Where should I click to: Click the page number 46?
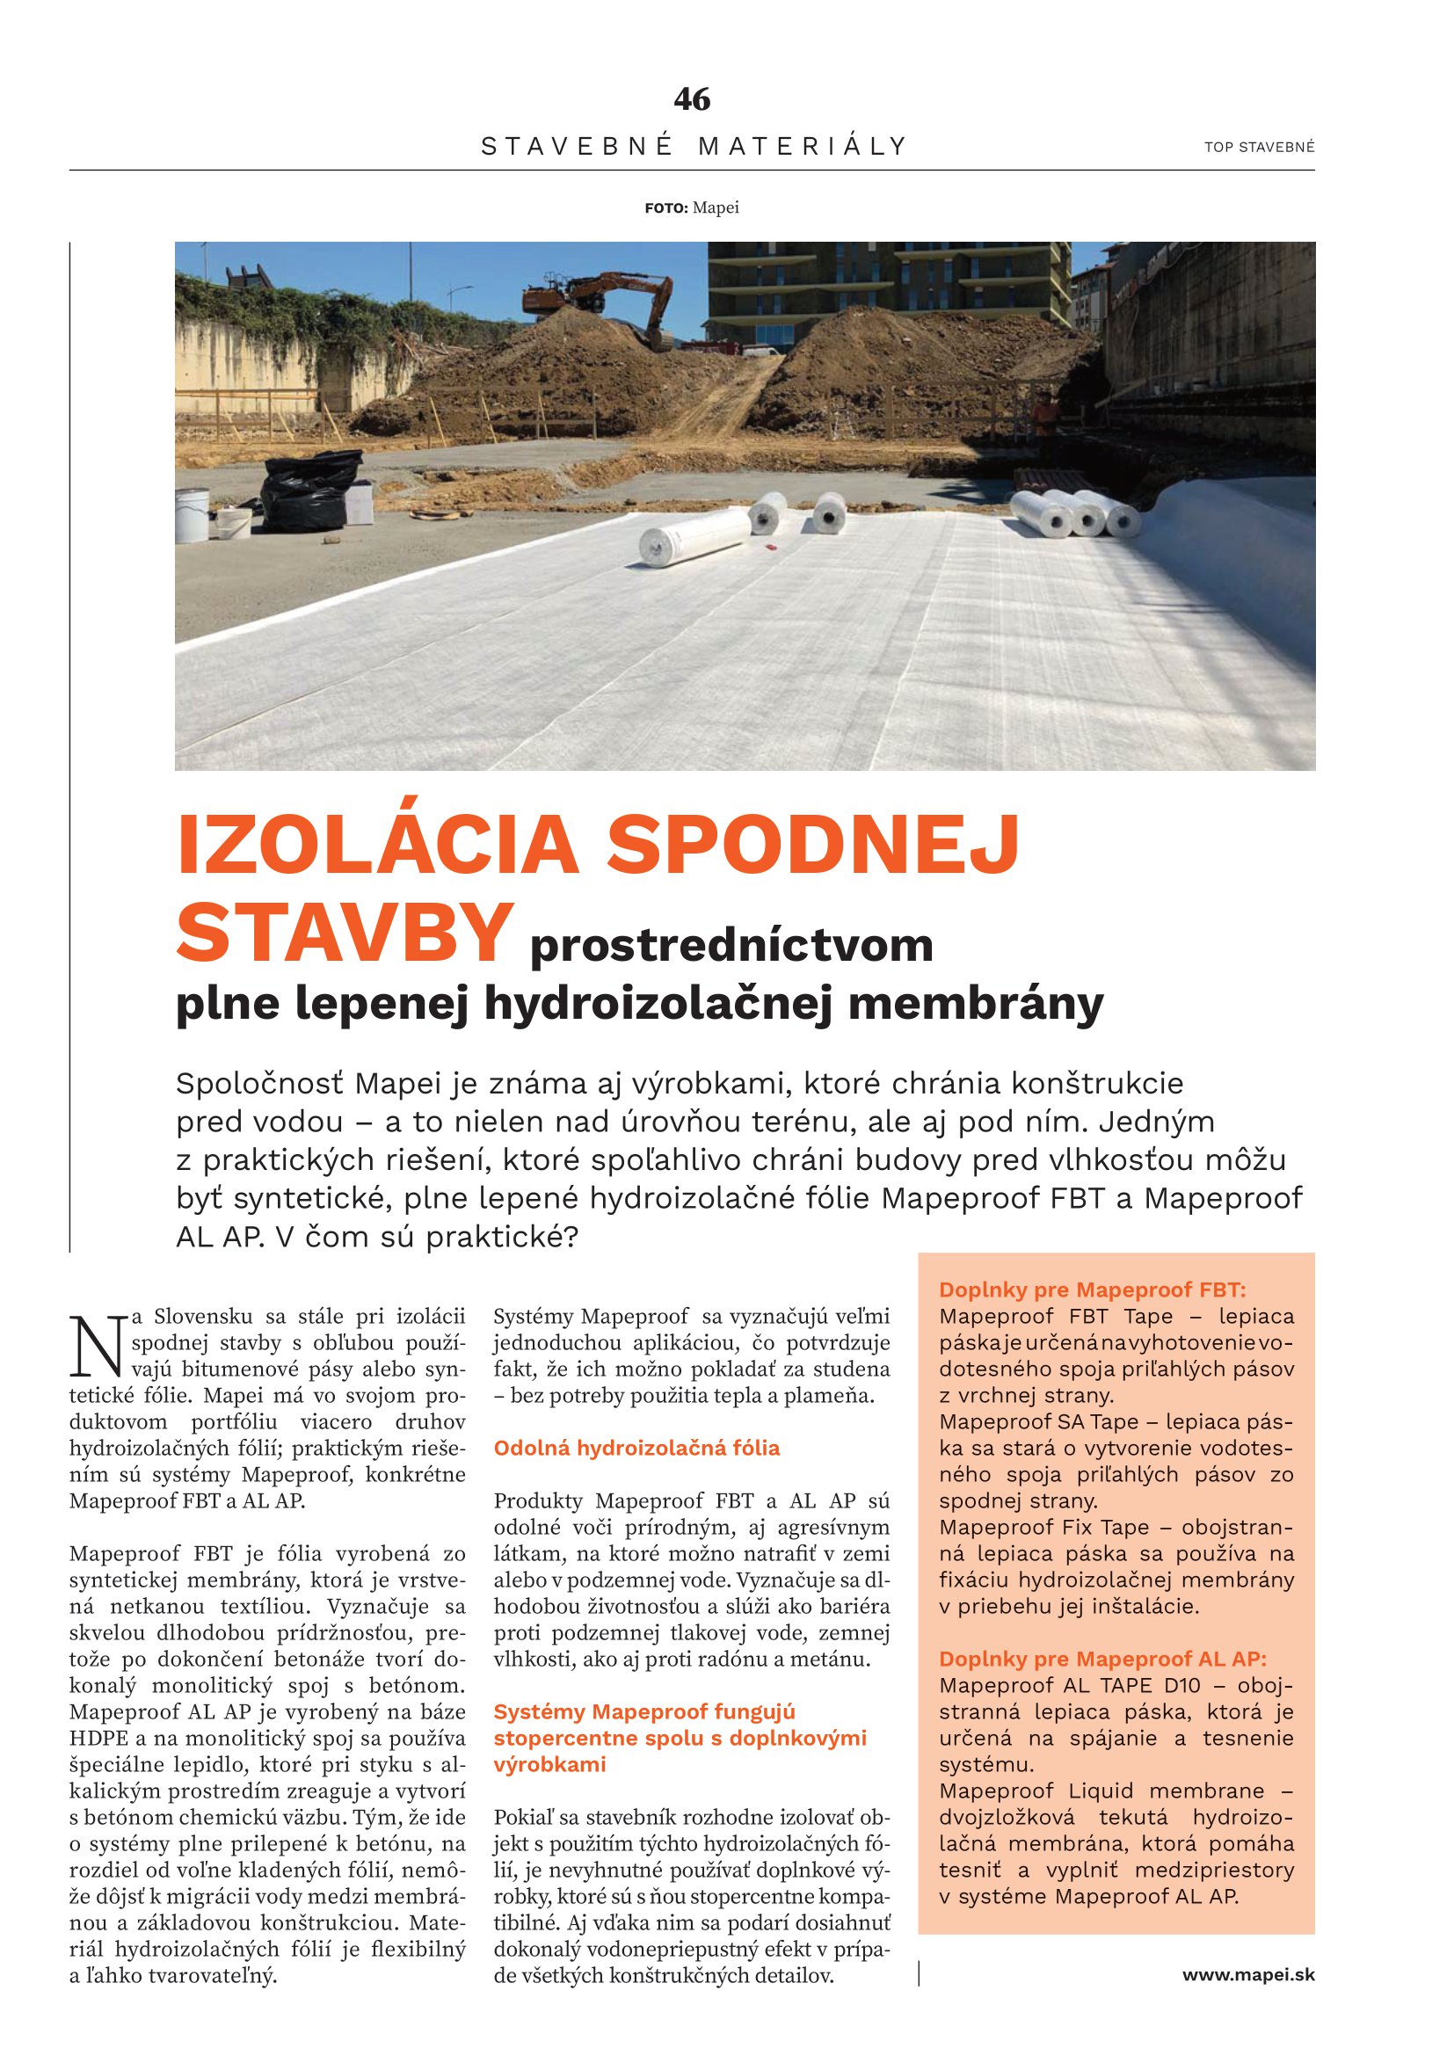pyautogui.click(x=691, y=99)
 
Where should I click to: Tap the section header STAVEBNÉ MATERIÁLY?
pyautogui.click(x=694, y=146)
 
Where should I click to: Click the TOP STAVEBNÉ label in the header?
pyautogui.click(x=1259, y=148)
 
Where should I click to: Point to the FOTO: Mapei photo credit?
pyautogui.click(x=691, y=208)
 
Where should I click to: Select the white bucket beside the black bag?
pyautogui.click(x=235, y=522)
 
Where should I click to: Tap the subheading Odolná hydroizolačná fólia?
pyautogui.click(x=636, y=1448)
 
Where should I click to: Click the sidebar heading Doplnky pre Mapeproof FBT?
pyautogui.click(x=1093, y=1290)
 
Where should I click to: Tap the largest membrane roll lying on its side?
pyautogui.click(x=694, y=540)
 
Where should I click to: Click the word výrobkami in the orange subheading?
pyautogui.click(x=549, y=1765)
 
